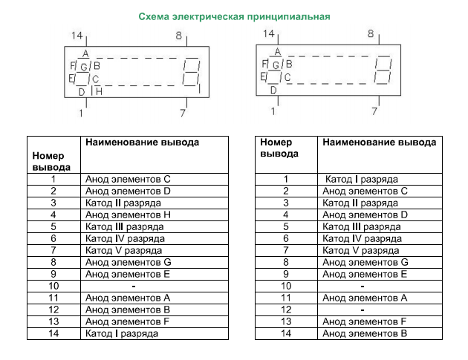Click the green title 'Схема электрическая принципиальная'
[234, 16]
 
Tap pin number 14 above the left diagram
[77, 36]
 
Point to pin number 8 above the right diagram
[371, 34]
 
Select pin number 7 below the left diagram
[183, 113]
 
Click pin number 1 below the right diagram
[273, 111]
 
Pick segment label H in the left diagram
[98, 91]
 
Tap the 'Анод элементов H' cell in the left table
[128, 215]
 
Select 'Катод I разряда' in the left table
[121, 333]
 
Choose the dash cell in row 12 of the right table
[362, 310]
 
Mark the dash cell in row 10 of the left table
[132, 286]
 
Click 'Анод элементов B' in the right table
[365, 333]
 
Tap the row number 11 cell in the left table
[53, 298]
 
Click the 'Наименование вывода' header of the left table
[143, 142]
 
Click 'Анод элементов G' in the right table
[365, 262]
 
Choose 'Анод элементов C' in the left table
[128, 179]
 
